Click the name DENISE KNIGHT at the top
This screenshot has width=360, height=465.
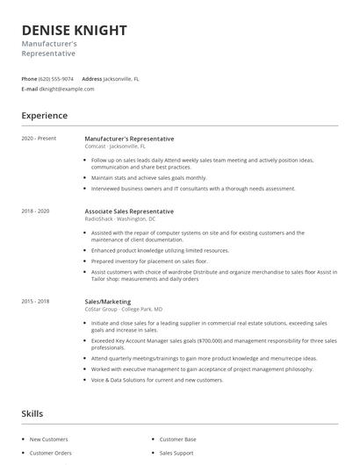point(75,31)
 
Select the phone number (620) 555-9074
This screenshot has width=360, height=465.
point(56,79)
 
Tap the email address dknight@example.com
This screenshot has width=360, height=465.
point(66,89)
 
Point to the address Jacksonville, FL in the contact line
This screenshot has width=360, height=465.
point(121,79)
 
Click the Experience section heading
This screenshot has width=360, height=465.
point(44,116)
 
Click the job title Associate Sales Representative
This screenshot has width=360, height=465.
point(129,211)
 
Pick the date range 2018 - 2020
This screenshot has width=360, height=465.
point(35,211)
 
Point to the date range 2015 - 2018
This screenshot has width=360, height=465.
point(35,301)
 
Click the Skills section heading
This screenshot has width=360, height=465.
point(32,412)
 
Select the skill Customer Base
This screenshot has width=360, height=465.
point(177,439)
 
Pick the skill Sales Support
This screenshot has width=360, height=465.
point(176,454)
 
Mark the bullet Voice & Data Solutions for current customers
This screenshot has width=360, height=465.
point(157,380)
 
